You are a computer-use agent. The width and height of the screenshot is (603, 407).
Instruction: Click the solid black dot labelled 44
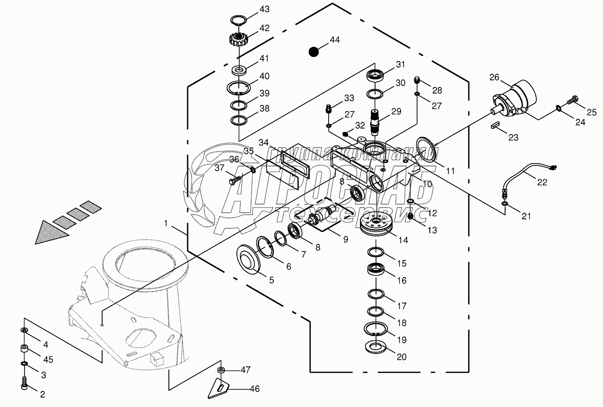313,51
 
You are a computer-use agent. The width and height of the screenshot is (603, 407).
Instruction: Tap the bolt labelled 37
234,180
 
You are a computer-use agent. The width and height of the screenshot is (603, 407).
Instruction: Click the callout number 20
401,357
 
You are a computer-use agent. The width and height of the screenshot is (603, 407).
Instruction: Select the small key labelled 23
495,125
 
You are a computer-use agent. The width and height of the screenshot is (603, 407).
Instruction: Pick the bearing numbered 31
376,75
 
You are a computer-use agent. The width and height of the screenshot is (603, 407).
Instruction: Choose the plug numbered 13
411,216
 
